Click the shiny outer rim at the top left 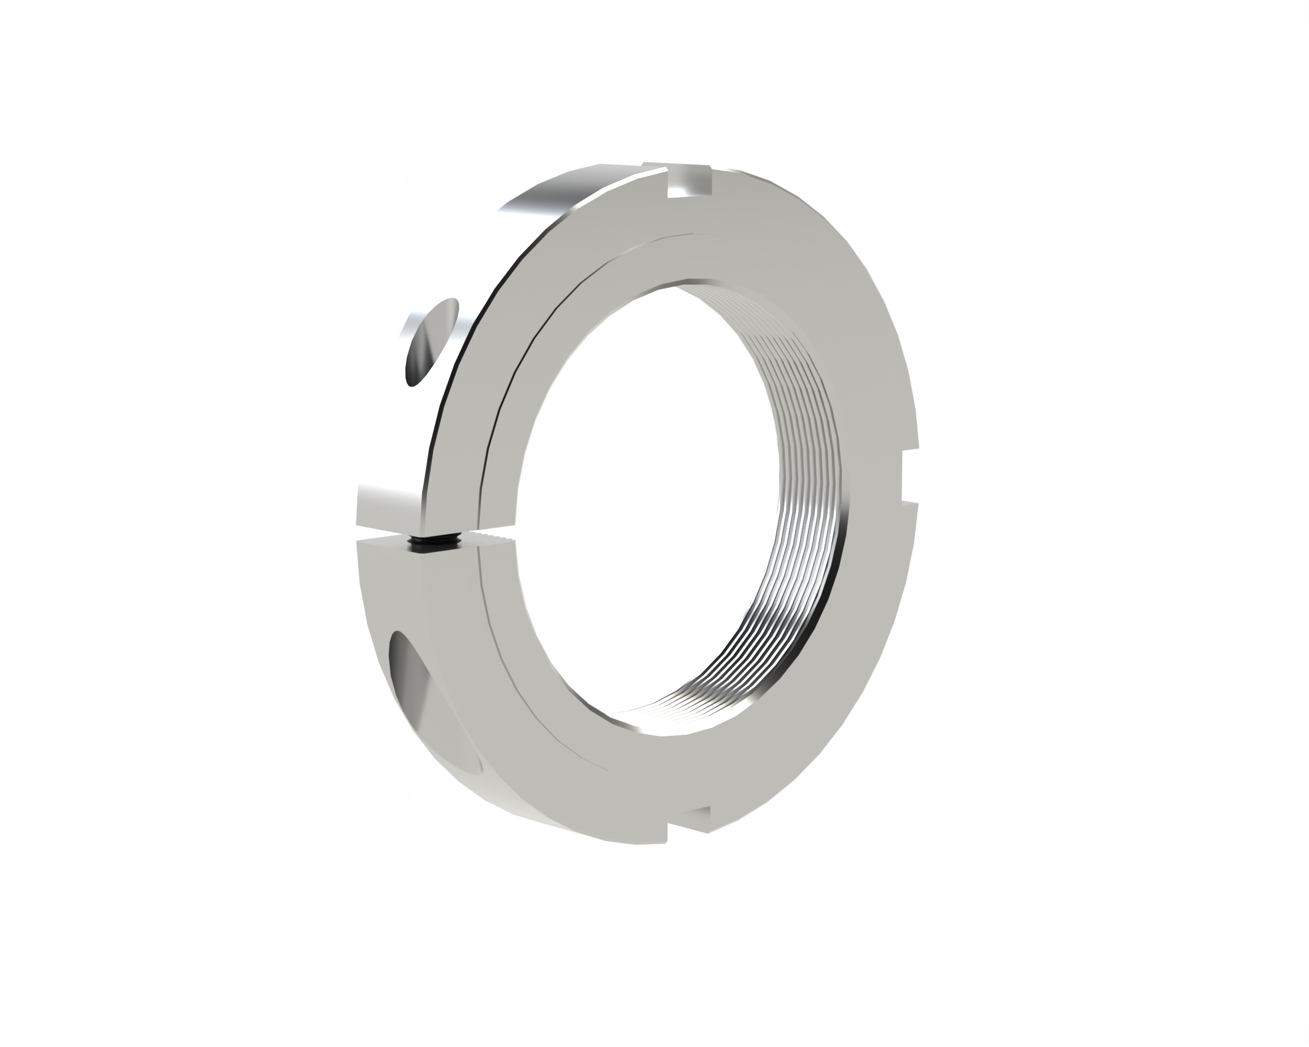click(546, 194)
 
